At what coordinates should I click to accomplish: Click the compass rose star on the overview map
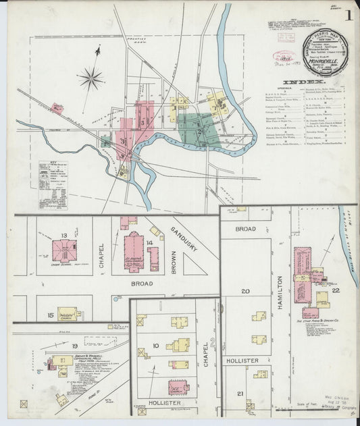click(x=90, y=78)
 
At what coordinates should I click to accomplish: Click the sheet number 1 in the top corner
click(x=349, y=15)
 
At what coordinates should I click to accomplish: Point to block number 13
click(x=63, y=235)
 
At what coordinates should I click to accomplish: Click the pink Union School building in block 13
click(x=64, y=250)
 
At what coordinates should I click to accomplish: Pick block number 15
click(x=50, y=315)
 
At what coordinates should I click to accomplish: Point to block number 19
click(x=75, y=346)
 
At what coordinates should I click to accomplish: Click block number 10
click(x=155, y=346)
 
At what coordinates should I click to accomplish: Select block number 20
click(x=245, y=292)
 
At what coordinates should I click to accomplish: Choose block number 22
click(x=336, y=290)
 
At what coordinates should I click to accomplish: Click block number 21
click(x=240, y=393)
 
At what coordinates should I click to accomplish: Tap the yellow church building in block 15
click(x=69, y=313)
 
